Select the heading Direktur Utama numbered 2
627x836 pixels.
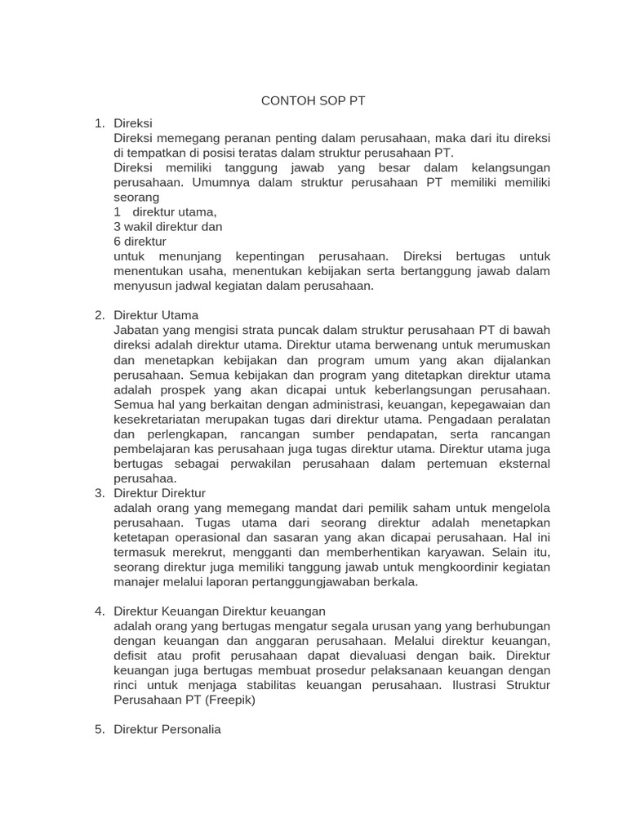click(x=156, y=315)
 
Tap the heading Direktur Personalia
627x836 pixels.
click(x=167, y=729)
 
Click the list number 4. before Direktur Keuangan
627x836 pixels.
click(x=100, y=611)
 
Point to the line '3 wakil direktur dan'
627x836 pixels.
click(x=168, y=226)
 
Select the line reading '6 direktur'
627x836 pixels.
click(x=140, y=241)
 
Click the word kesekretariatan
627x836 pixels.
click(x=164, y=419)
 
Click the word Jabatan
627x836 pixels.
click(x=138, y=330)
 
